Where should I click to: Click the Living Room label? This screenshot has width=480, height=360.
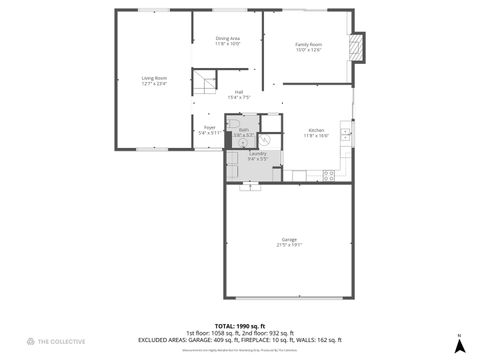[153, 77]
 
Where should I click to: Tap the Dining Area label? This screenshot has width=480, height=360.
[228, 39]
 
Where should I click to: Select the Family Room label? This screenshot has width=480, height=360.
[307, 44]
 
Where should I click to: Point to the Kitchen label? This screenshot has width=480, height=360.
[316, 130]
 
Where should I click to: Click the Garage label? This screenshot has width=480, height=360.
[288, 240]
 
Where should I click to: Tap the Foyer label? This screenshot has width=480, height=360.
[209, 127]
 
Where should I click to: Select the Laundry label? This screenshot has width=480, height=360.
[258, 153]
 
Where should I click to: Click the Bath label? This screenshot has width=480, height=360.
[243, 130]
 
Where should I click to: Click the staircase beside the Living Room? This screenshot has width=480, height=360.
[205, 82]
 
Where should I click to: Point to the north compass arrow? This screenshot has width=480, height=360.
[458, 344]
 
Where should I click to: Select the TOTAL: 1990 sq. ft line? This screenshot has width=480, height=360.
[239, 326]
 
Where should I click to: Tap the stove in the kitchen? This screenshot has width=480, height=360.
[327, 176]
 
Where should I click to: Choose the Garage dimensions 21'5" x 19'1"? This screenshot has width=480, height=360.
[288, 245]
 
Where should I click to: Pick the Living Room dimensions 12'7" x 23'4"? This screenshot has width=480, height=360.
[153, 83]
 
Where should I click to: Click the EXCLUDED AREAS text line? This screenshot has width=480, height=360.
[239, 340]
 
